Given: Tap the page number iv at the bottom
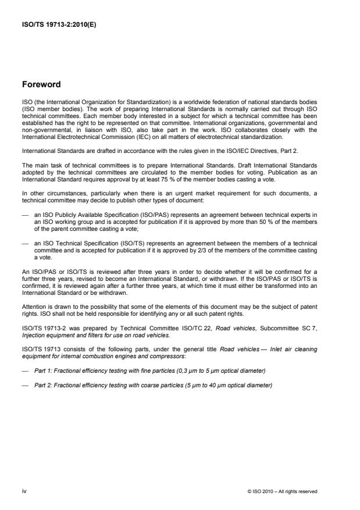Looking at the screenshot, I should (24, 491).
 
